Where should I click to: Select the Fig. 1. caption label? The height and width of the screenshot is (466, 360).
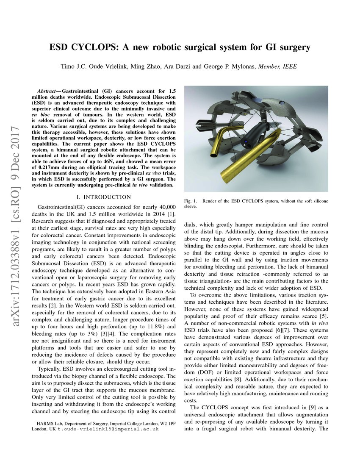click(191, 200)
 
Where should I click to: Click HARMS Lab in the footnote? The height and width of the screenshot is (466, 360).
click(51, 423)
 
